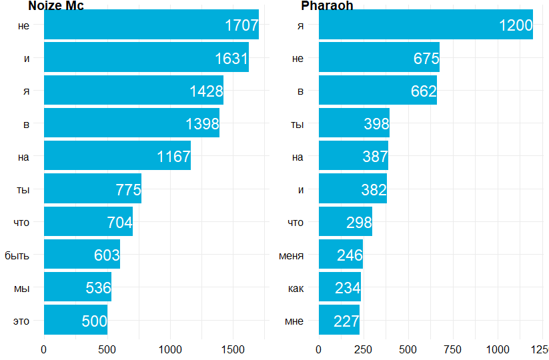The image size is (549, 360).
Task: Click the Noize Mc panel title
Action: click(56, 6)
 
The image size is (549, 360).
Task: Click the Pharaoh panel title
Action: click(327, 6)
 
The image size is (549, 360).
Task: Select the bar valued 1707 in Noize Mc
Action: click(151, 25)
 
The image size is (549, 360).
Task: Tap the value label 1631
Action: click(231, 59)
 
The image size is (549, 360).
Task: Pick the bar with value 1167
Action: click(117, 156)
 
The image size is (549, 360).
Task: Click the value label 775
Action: click(128, 189)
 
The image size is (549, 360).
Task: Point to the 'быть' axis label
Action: click(17, 255)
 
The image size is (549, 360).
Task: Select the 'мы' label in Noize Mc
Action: click(21, 288)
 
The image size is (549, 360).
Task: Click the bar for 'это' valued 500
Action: click(75, 320)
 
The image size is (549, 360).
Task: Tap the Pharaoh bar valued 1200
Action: click(426, 25)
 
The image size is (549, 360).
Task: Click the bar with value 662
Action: click(378, 91)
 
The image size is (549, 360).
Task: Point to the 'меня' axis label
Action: click(291, 255)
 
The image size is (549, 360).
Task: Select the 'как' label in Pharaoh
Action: click(296, 288)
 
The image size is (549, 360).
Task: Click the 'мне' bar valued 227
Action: click(339, 320)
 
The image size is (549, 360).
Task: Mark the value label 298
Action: click(359, 223)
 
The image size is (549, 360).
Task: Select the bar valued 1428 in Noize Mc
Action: click(133, 91)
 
